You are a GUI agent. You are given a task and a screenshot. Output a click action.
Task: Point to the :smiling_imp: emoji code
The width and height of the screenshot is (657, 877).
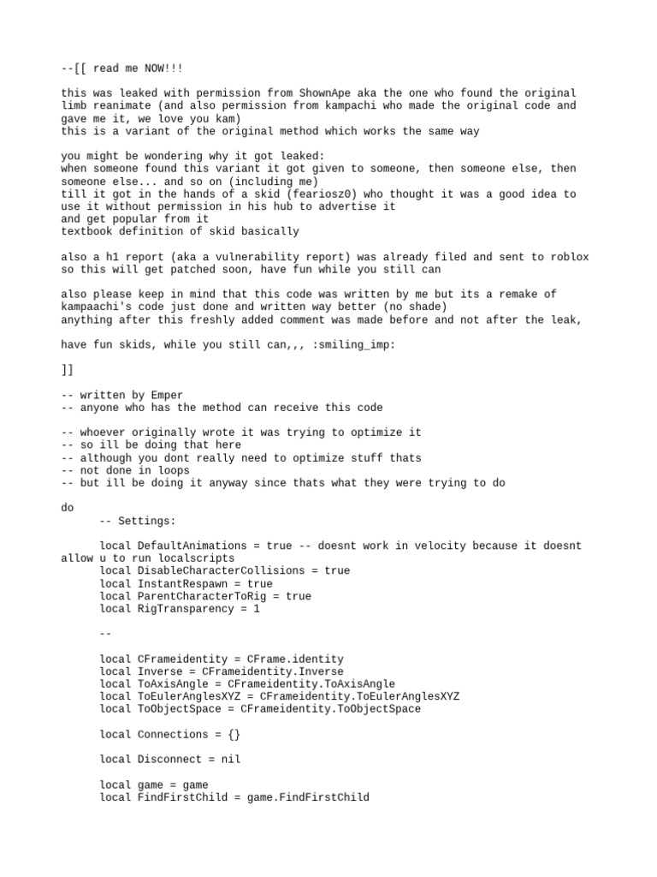[353, 344]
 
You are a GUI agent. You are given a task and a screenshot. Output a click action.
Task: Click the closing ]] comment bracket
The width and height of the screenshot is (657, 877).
[68, 370]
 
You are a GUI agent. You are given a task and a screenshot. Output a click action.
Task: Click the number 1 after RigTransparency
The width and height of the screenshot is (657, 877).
[257, 609]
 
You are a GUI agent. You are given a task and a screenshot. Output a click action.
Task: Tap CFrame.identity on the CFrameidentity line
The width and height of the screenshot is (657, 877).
[295, 659]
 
